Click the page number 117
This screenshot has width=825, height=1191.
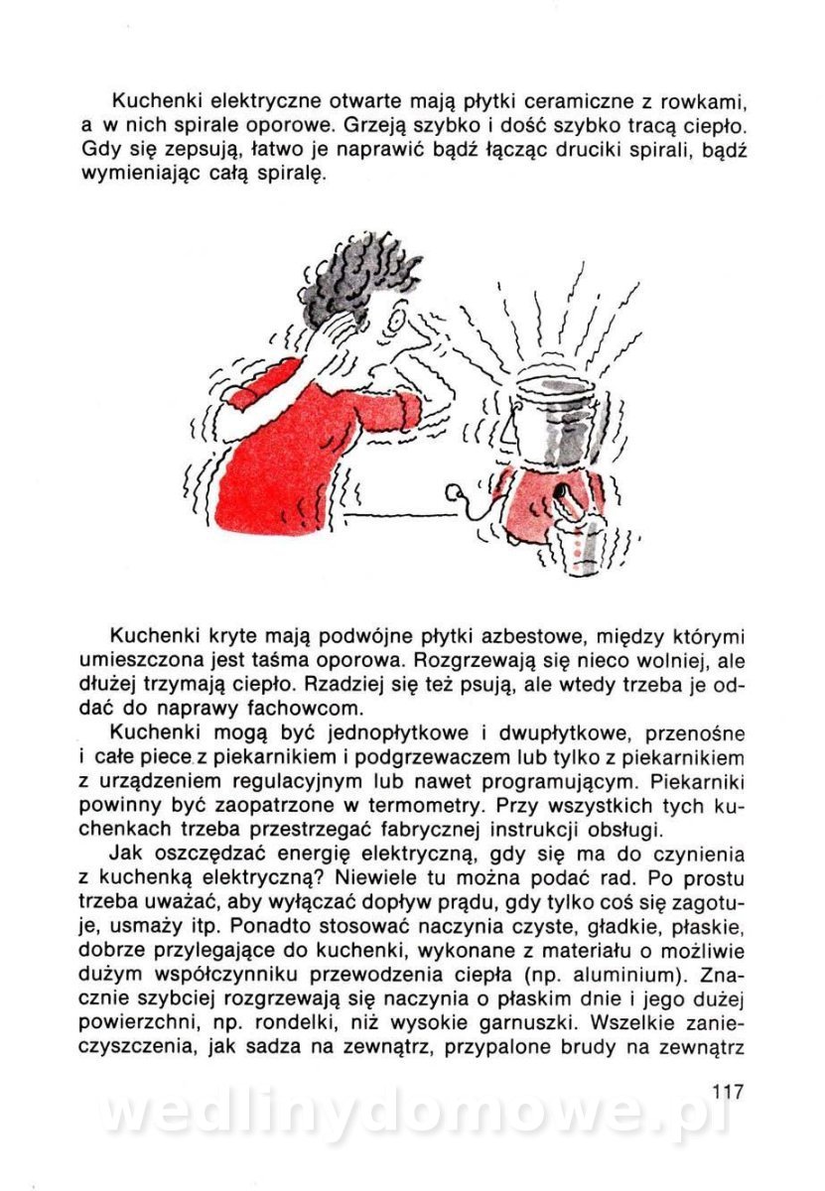728,1091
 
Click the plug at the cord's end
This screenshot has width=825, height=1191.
458,492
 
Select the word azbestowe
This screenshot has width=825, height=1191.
522,635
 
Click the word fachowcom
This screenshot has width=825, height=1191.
298,709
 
